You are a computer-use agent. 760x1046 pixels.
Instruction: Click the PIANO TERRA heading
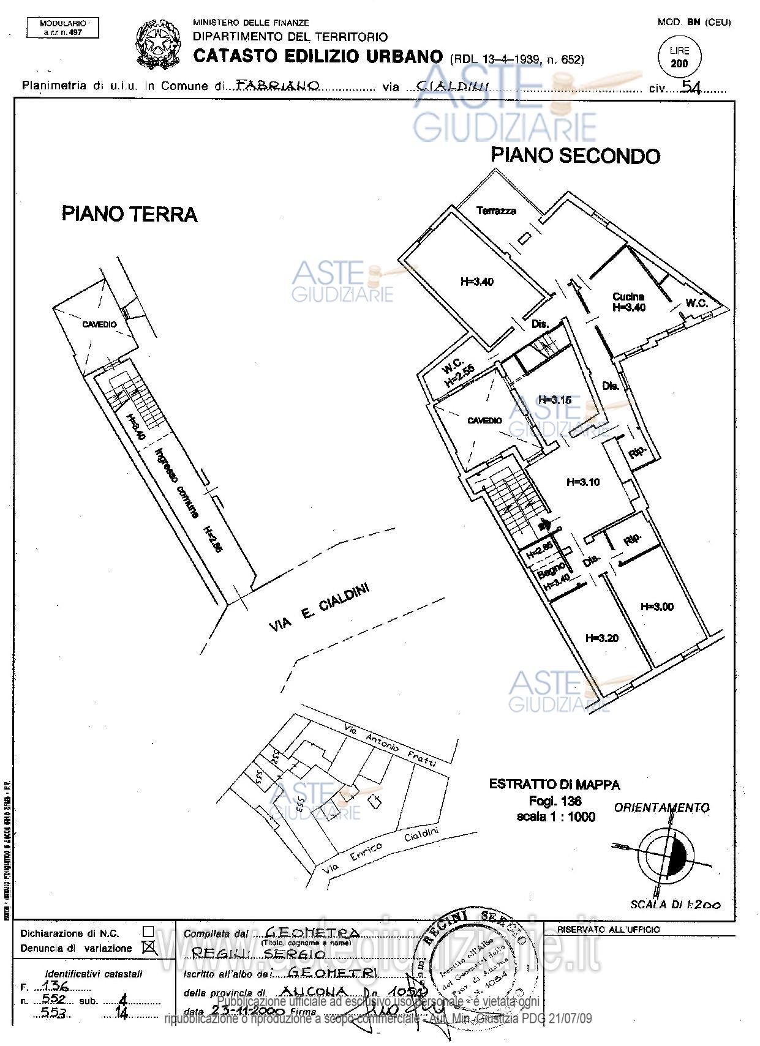tap(129, 214)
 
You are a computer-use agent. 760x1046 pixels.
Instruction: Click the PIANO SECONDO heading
tap(575, 155)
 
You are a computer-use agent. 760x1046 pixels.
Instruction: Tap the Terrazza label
tap(496, 211)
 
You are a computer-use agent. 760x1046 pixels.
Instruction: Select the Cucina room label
tap(628, 297)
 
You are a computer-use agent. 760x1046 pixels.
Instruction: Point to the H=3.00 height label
tap(657, 607)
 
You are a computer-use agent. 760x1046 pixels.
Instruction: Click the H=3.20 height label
tap(601, 638)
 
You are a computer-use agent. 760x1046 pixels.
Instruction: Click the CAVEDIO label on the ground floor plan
tap(99, 324)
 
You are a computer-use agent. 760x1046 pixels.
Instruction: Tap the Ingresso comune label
tap(177, 484)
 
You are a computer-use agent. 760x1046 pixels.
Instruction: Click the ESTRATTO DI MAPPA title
tap(554, 784)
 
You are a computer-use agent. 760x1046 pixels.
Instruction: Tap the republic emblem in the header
tap(157, 43)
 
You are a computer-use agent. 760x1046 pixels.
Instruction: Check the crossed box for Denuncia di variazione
tap(148, 948)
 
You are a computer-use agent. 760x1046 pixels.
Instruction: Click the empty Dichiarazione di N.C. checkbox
tap(148, 931)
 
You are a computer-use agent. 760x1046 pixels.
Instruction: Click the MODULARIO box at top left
tap(62, 28)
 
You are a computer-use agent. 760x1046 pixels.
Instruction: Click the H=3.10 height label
tap(600, 482)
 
